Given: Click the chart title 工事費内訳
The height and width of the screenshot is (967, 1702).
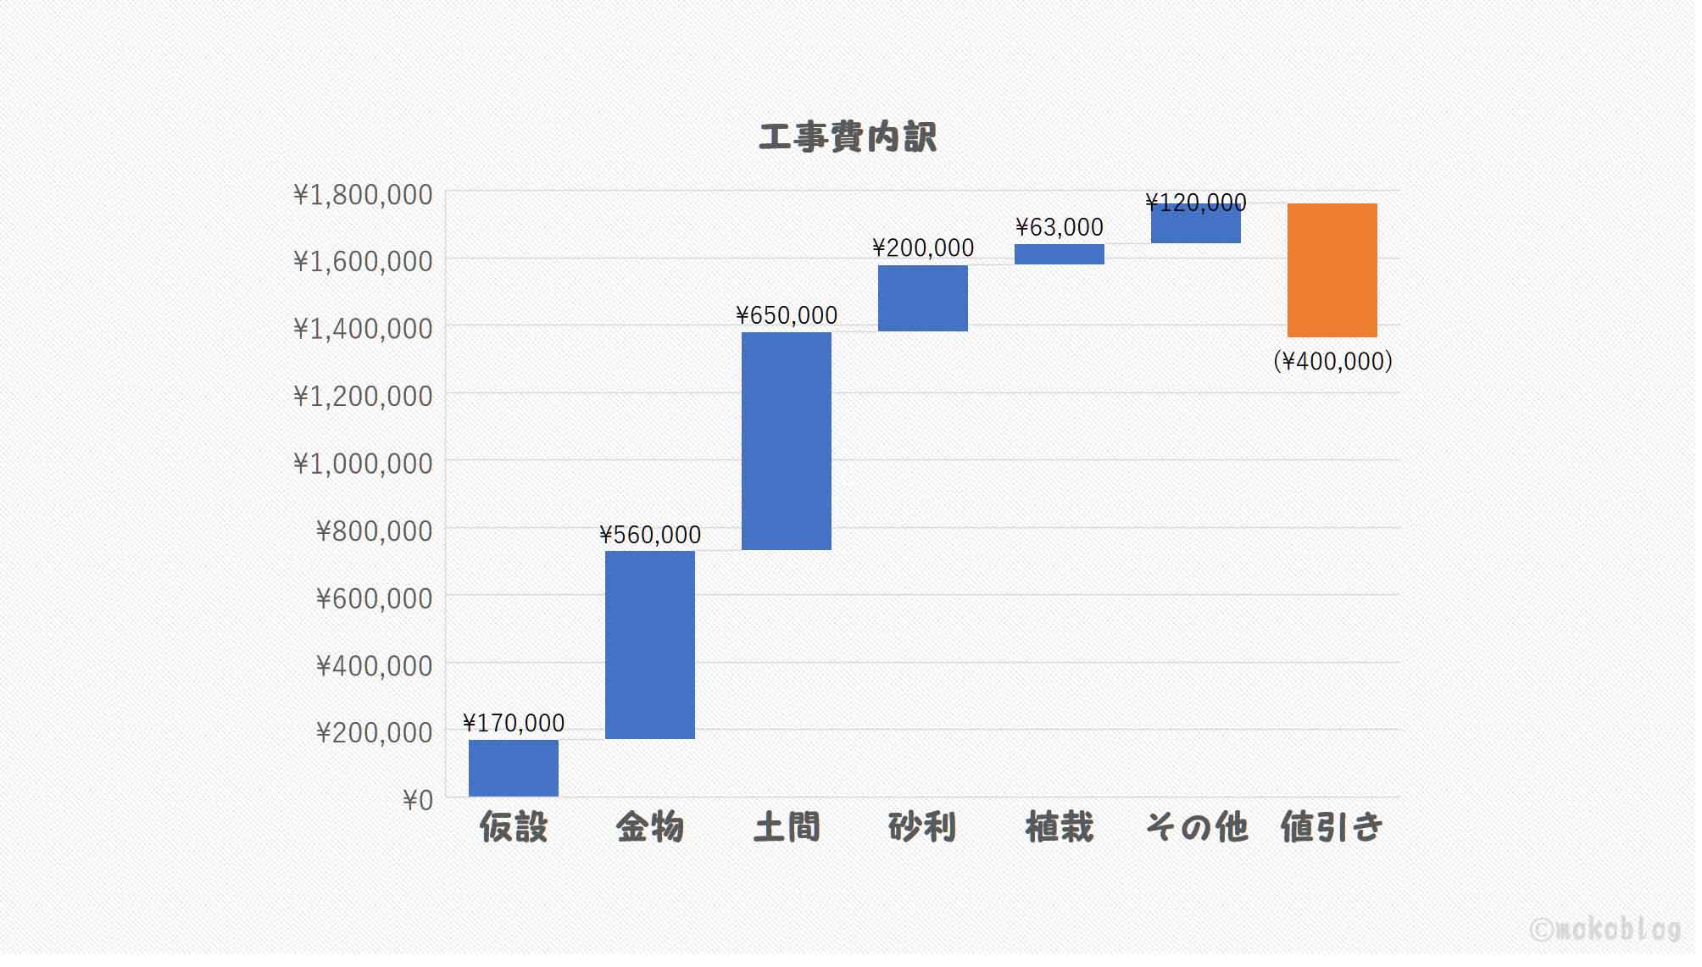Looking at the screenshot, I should pyautogui.click(x=847, y=137).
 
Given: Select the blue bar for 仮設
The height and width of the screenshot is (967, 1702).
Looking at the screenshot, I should pyautogui.click(x=513, y=768).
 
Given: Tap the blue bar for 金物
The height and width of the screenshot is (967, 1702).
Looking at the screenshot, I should pyautogui.click(x=649, y=645).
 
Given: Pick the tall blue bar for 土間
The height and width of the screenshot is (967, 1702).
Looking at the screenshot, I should pyautogui.click(x=786, y=441).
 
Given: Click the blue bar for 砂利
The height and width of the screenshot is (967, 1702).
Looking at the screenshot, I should pyautogui.click(x=922, y=298).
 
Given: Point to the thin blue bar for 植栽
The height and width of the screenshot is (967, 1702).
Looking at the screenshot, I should pyautogui.click(x=1059, y=254).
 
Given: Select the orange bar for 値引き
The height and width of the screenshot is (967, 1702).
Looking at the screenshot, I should pyautogui.click(x=1332, y=270).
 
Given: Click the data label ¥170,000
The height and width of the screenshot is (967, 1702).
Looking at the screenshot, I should pyautogui.click(x=513, y=723).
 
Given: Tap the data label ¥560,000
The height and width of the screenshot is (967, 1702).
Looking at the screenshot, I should pyautogui.click(x=649, y=535).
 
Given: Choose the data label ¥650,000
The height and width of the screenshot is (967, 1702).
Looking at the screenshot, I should pyautogui.click(x=786, y=315).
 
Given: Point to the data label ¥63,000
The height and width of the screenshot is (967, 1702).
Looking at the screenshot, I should pyautogui.click(x=1059, y=227).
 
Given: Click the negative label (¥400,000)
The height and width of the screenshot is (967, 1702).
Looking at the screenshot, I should pyautogui.click(x=1332, y=361).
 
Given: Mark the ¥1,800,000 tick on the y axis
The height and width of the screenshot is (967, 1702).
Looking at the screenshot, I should pyautogui.click(x=363, y=195).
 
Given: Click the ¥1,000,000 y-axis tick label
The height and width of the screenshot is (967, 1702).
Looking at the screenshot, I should pyautogui.click(x=363, y=464).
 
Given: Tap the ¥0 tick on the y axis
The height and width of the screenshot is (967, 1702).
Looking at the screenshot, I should pyautogui.click(x=417, y=800).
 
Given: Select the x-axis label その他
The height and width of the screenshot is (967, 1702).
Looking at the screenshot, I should pyautogui.click(x=1196, y=827).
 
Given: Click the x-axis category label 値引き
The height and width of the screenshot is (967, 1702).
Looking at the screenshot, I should pyautogui.click(x=1332, y=827).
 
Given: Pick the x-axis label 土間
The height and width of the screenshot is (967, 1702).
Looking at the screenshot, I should pyautogui.click(x=786, y=827).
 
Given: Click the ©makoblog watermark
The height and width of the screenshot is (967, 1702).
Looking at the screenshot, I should pyautogui.click(x=1605, y=930).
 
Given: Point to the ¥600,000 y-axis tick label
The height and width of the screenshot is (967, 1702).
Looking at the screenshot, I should pyautogui.click(x=374, y=598).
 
